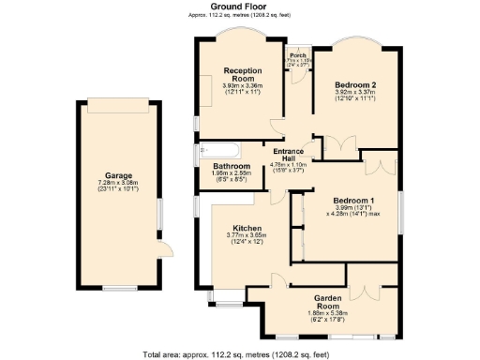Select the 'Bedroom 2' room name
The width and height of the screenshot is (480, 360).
point(355,84)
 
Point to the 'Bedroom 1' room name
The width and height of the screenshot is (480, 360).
point(353,200)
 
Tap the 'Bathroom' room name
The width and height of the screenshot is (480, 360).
point(217,166)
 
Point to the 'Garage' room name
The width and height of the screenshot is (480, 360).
point(117,174)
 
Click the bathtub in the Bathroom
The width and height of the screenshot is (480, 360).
point(219,150)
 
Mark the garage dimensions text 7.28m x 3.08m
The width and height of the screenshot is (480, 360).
point(117,183)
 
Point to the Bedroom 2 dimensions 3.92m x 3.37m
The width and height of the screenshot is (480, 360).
point(355,93)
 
